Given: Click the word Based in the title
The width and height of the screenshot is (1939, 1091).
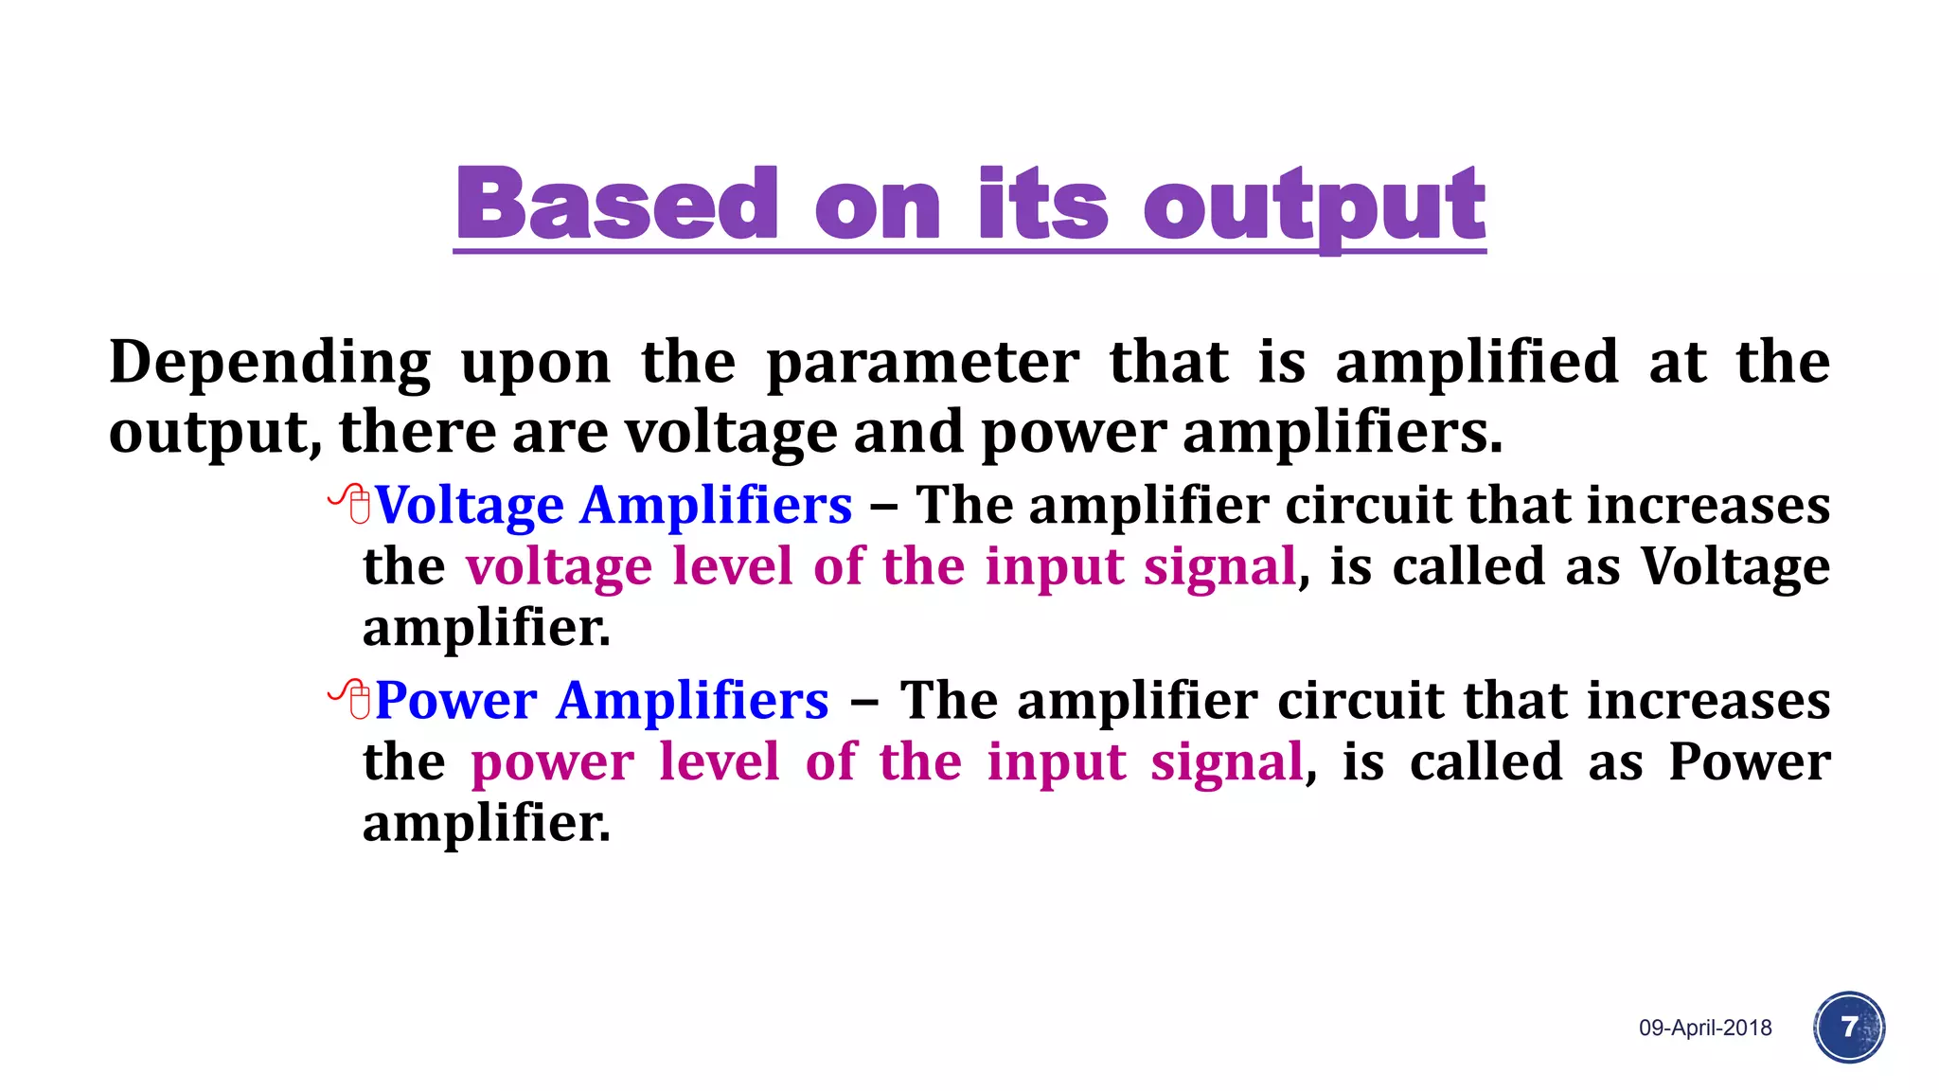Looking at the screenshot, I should point(617,204).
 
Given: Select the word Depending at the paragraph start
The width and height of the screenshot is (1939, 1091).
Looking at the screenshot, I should point(270,363).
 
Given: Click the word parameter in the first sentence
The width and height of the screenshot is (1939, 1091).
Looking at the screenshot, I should point(922,363).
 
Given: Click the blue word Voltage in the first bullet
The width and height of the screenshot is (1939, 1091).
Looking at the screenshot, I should point(470,506).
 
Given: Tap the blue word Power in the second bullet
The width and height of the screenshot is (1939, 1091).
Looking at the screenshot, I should point(456,701).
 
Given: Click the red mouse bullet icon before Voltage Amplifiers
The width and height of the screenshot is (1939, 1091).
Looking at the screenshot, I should point(351,503).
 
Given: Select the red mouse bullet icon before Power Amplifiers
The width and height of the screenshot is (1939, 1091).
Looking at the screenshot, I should point(351,699).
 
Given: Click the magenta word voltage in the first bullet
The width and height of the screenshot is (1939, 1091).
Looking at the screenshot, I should point(559,566).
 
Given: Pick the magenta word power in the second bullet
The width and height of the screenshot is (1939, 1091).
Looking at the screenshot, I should point(553,762).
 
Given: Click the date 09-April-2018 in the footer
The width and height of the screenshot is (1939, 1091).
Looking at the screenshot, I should point(1705,1028).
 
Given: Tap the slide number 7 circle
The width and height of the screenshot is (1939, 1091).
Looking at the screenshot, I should point(1849,1027).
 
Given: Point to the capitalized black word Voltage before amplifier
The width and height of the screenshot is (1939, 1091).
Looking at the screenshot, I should point(1734,566).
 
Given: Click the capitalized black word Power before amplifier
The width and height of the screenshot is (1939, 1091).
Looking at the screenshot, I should point(1750,761).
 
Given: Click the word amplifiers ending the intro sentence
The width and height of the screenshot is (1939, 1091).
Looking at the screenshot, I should point(1342,433).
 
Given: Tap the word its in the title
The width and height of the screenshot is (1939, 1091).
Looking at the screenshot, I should point(1042,204).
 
